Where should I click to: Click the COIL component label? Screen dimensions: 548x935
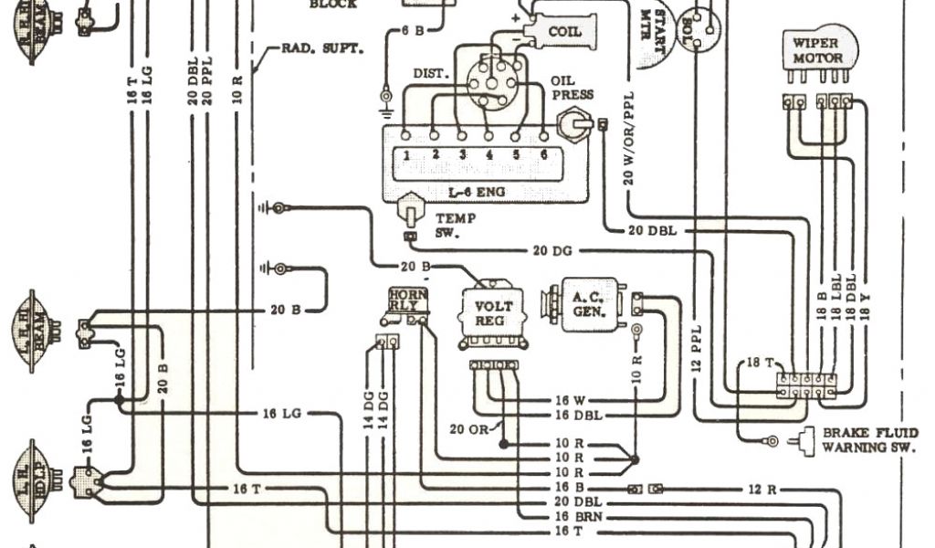click(x=563, y=32)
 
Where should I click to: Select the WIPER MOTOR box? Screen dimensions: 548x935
click(x=817, y=50)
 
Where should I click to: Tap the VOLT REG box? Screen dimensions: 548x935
click(x=494, y=313)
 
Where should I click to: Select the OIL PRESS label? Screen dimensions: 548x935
click(x=573, y=88)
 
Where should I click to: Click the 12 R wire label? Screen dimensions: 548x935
click(x=762, y=490)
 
